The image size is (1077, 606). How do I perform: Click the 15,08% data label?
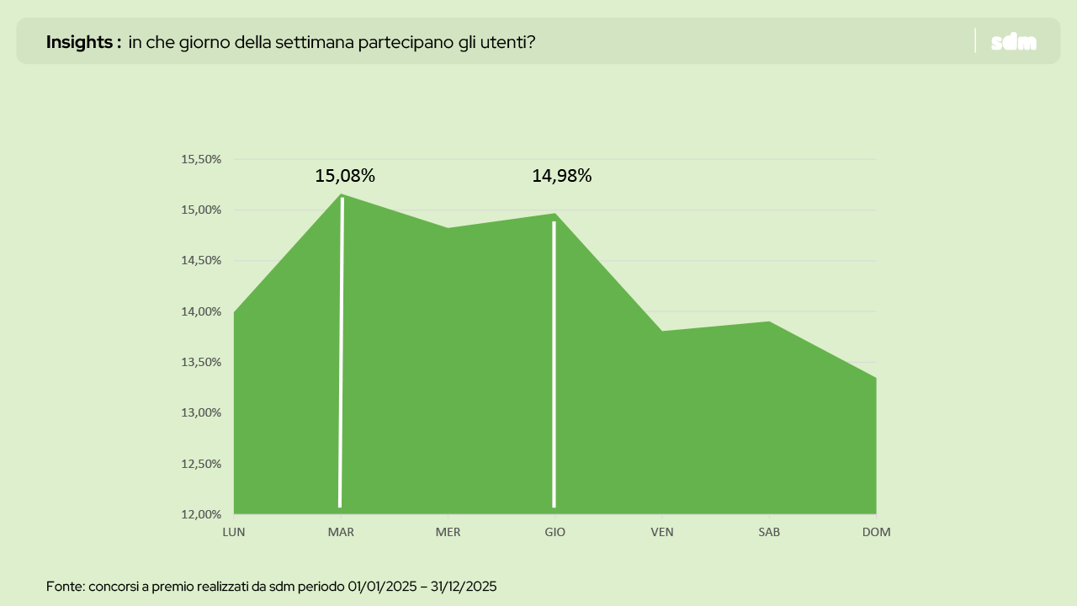(345, 176)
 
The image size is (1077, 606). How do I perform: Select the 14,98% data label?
(561, 176)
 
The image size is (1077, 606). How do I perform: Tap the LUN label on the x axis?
(234, 532)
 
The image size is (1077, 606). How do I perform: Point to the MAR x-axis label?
(341, 532)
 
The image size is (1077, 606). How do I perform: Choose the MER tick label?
(448, 532)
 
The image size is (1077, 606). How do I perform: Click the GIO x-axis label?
(554, 532)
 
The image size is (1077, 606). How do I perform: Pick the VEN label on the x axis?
(662, 532)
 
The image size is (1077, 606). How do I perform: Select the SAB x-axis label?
(769, 532)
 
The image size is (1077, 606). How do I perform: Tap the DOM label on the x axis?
(876, 532)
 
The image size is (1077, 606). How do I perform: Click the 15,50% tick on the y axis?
(201, 159)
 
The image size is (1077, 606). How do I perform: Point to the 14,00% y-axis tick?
(201, 311)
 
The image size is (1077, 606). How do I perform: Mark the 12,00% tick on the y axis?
(201, 513)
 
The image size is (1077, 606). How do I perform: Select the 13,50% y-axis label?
(201, 362)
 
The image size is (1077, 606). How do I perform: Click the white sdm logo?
(1014, 42)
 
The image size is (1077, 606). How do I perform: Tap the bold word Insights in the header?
(79, 42)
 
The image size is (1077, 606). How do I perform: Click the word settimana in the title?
(316, 42)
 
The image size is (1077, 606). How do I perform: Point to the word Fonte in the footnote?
(64, 586)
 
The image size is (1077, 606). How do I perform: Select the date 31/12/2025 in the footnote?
(464, 586)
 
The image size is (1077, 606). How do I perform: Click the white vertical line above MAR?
(341, 353)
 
